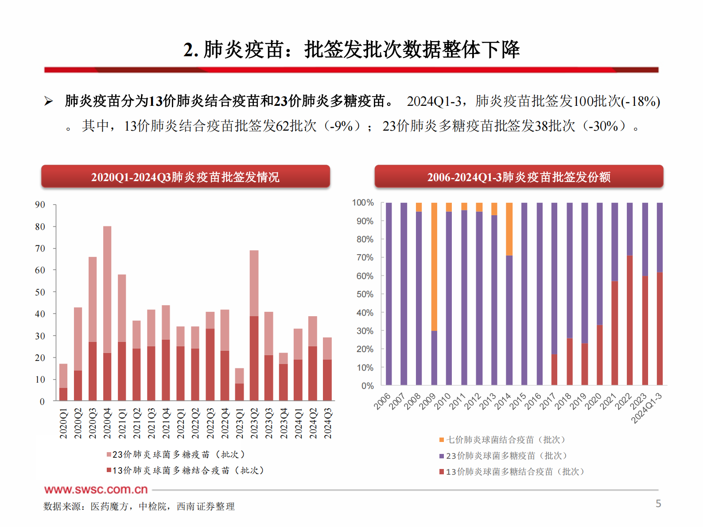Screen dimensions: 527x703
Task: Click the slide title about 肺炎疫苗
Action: (351, 49)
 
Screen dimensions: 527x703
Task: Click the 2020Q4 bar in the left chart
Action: (107, 310)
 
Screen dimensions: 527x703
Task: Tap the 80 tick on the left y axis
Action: (40, 227)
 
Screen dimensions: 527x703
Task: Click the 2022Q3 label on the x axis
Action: (210, 423)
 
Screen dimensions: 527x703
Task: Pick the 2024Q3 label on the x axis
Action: (327, 423)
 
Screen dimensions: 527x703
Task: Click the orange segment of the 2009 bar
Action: (434, 266)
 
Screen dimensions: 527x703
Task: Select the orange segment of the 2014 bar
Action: (509, 229)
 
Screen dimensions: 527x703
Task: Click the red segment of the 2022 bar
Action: (630, 320)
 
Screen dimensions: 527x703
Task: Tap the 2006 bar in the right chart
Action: (388, 294)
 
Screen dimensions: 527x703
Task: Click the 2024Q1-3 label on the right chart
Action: (647, 408)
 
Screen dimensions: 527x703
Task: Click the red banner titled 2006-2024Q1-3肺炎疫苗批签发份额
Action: (519, 177)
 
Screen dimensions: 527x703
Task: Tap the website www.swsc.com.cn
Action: (96, 489)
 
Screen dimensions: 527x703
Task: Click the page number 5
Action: (658, 504)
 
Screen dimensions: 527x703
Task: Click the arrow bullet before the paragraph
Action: (48, 101)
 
